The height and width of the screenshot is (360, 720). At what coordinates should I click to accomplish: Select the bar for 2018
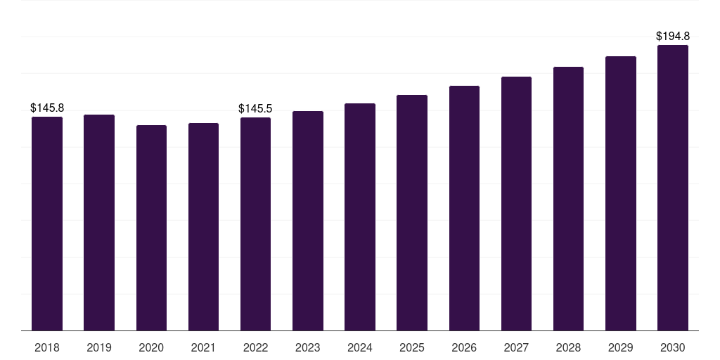click(x=47, y=224)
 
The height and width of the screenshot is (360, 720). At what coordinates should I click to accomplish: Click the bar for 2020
click(x=152, y=228)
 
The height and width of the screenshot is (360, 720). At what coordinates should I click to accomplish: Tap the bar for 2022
click(x=255, y=224)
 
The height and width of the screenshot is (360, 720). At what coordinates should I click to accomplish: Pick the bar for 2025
click(x=412, y=212)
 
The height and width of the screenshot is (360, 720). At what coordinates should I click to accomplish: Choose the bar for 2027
click(x=516, y=203)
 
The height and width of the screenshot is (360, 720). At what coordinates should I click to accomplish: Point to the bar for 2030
click(x=673, y=188)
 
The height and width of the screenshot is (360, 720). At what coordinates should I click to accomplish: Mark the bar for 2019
click(x=99, y=223)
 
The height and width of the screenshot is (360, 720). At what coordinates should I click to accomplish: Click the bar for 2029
click(x=621, y=193)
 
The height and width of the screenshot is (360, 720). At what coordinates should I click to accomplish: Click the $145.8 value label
click(x=47, y=108)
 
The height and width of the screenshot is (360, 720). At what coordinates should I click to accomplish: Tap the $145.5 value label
click(x=255, y=109)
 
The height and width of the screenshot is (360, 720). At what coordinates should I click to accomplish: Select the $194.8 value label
click(x=673, y=37)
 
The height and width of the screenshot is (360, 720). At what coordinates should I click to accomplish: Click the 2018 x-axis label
click(x=47, y=347)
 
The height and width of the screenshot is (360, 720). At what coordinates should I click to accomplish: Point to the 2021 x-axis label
click(x=203, y=347)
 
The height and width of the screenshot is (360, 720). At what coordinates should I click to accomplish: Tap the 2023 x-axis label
click(x=308, y=347)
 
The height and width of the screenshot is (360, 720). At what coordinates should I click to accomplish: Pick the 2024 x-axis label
click(x=360, y=347)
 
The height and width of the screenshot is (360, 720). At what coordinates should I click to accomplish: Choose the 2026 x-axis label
click(x=464, y=347)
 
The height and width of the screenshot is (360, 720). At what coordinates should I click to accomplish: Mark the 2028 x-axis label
click(x=568, y=347)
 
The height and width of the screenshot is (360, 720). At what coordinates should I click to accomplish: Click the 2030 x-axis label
click(x=673, y=347)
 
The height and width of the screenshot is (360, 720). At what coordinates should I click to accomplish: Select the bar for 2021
click(x=203, y=227)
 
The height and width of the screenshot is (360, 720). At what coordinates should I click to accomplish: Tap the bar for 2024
click(x=360, y=217)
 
